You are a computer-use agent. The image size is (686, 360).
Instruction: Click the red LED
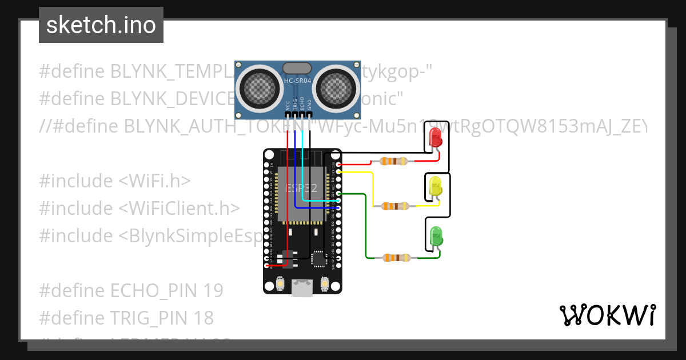[435, 137]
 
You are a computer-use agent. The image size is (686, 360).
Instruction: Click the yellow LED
[435, 186]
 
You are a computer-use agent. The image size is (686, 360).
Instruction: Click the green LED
[436, 235]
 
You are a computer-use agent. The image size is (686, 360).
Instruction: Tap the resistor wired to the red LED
[394, 161]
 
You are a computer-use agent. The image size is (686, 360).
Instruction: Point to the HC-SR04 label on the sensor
[298, 82]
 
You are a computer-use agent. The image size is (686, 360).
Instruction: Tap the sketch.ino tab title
[101, 25]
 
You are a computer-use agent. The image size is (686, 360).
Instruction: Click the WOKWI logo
[607, 315]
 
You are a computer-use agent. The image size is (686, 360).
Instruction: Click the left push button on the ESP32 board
[281, 283]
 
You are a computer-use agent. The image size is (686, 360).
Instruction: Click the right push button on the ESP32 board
[324, 283]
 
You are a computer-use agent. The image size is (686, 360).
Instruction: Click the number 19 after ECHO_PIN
[212, 291]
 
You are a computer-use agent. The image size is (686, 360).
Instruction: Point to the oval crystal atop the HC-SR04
[298, 68]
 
